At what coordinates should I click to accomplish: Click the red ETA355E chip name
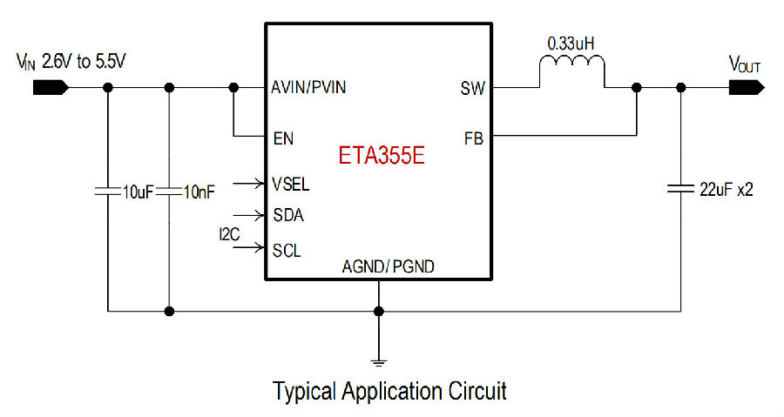click(382, 155)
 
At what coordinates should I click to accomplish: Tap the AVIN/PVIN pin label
click(308, 87)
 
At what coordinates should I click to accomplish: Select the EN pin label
click(283, 138)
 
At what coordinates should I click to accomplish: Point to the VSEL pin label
click(290, 184)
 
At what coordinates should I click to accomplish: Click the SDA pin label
click(288, 215)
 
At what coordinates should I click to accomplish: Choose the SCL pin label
click(287, 250)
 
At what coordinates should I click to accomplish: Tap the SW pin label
click(472, 89)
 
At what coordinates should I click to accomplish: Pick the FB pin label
click(474, 138)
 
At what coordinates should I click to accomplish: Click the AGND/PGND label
click(388, 266)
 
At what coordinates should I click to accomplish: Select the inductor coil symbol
click(572, 63)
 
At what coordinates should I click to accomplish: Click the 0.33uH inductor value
click(571, 44)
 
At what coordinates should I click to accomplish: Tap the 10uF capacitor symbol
click(107, 191)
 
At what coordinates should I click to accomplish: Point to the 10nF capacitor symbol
click(169, 191)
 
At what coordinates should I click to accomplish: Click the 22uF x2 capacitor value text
click(726, 189)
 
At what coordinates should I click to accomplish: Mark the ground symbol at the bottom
click(379, 362)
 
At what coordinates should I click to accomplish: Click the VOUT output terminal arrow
click(747, 88)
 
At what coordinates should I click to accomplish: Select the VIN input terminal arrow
click(51, 88)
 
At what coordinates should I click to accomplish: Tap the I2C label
click(229, 234)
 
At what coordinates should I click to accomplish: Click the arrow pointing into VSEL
click(248, 184)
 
